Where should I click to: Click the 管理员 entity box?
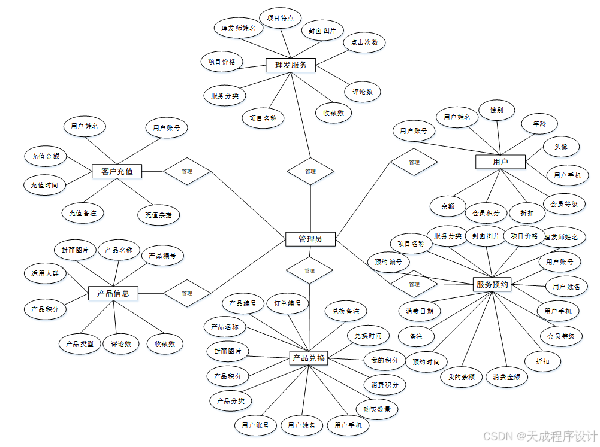point(310,239)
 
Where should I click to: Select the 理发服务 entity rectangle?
point(291,65)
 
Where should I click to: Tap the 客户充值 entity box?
point(117,172)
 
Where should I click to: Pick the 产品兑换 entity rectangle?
point(308,358)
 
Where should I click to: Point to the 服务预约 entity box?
point(492,285)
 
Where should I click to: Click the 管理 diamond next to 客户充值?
point(187,172)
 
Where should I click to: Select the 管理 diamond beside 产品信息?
point(187,293)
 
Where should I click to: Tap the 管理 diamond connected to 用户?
point(414,162)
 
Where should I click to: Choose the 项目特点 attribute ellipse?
point(280,18)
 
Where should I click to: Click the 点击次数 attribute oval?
point(364,42)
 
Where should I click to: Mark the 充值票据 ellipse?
point(158,214)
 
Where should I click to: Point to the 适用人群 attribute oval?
point(45,273)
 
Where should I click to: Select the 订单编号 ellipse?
point(288,303)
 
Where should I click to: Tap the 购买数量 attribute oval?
point(376,409)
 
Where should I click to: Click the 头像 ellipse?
point(561,147)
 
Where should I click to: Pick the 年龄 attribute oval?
point(539,124)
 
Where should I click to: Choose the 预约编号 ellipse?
point(388,261)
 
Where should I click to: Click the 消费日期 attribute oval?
point(420,311)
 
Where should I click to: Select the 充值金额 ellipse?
point(46,156)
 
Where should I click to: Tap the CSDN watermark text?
point(540,436)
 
